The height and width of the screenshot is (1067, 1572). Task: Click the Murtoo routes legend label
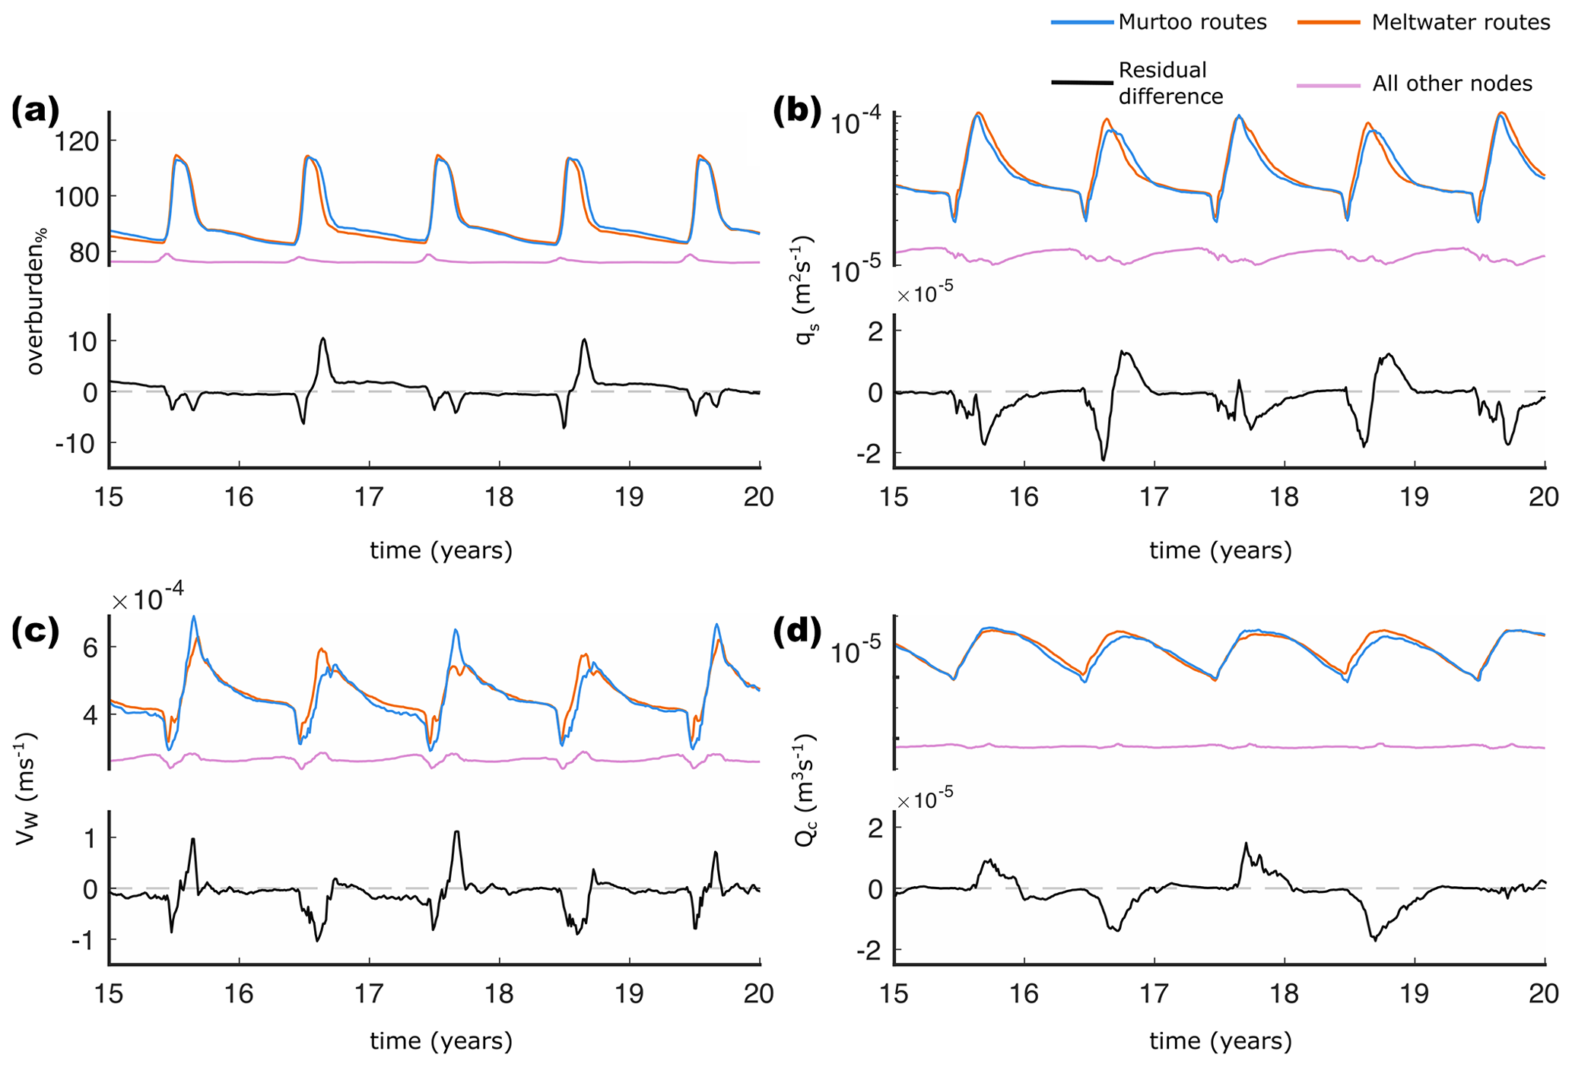pyautogui.click(x=1192, y=22)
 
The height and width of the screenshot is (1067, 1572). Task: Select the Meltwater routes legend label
pyautogui.click(x=1460, y=22)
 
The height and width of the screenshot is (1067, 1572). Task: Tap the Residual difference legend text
pyautogui.click(x=1170, y=84)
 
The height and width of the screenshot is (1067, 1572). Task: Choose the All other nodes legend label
pyautogui.click(x=1452, y=84)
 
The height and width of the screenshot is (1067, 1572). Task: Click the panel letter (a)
pyautogui.click(x=35, y=112)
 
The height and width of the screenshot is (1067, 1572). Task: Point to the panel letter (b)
pyautogui.click(x=797, y=112)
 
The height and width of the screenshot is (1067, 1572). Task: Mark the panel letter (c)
pyautogui.click(x=35, y=632)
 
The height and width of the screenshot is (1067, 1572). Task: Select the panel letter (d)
pyautogui.click(x=797, y=632)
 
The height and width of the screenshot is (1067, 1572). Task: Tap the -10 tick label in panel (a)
pyautogui.click(x=76, y=443)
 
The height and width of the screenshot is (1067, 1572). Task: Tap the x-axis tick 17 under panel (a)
pyautogui.click(x=369, y=497)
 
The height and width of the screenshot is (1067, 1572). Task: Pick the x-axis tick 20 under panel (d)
pyautogui.click(x=1544, y=994)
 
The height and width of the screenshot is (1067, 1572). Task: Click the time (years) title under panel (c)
pyautogui.click(x=441, y=1041)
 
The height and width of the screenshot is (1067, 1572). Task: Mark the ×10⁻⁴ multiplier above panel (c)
pyautogui.click(x=148, y=600)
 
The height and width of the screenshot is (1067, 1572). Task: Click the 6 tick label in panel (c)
pyautogui.click(x=88, y=647)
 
